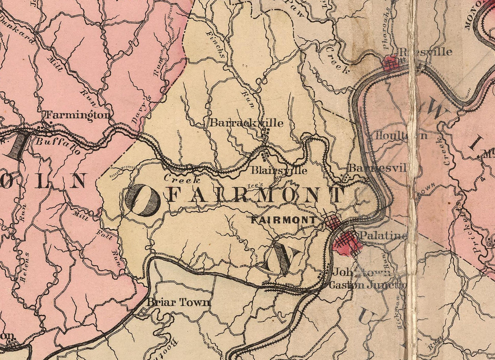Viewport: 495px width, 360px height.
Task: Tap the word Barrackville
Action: [x=246, y=123]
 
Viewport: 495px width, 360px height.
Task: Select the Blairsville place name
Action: [x=279, y=170]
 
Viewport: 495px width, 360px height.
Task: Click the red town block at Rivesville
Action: [x=390, y=63]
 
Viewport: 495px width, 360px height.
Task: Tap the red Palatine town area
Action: [x=346, y=243]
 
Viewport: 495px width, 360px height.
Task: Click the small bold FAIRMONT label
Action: [x=283, y=220]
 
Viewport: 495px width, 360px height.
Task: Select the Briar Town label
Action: [x=179, y=302]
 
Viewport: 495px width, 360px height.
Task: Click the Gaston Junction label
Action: [x=367, y=285]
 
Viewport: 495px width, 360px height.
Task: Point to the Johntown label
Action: [x=362, y=272]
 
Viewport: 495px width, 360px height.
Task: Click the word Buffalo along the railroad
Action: [x=57, y=146]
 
